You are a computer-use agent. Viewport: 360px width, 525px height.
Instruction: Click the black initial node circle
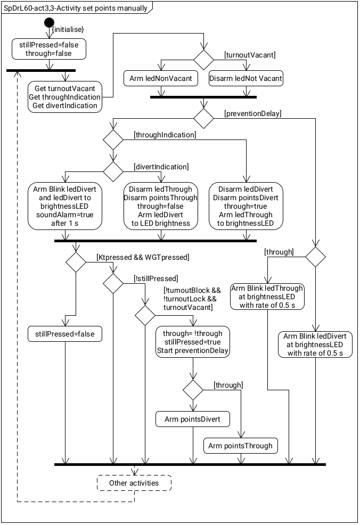[49, 22]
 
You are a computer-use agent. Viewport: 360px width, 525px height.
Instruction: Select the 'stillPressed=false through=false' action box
[49, 49]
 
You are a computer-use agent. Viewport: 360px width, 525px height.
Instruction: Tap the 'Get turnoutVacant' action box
[66, 97]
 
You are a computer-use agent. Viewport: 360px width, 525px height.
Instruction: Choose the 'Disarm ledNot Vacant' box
[246, 79]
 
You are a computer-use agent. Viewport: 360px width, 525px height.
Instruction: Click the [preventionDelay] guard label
[253, 113]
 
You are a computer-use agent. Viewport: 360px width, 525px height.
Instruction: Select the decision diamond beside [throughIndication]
[113, 141]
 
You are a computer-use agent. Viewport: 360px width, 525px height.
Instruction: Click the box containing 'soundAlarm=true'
[65, 206]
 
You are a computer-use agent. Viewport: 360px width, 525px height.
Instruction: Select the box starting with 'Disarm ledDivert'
[246, 206]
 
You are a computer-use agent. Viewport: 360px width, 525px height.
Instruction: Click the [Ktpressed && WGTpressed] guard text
[142, 258]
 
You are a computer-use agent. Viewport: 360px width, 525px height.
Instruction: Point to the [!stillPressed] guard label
[156, 278]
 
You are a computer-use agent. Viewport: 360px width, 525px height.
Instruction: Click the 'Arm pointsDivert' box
[192, 420]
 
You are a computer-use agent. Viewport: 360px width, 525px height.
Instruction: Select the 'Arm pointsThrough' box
[240, 446]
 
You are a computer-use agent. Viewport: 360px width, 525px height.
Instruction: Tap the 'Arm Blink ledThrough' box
[267, 297]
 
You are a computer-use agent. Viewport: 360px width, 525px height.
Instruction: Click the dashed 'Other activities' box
[134, 483]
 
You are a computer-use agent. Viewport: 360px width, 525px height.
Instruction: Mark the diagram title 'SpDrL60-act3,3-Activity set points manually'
[76, 9]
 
